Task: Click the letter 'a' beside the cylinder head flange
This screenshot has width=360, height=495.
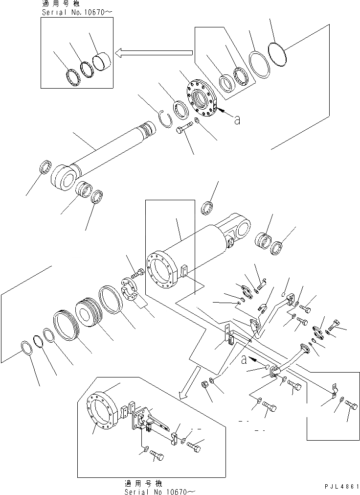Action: pos(237,119)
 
